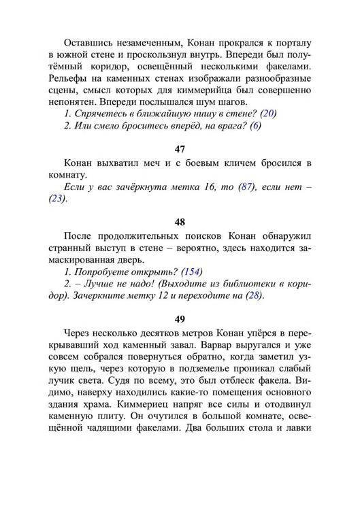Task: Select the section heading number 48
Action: pyautogui.click(x=180, y=221)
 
